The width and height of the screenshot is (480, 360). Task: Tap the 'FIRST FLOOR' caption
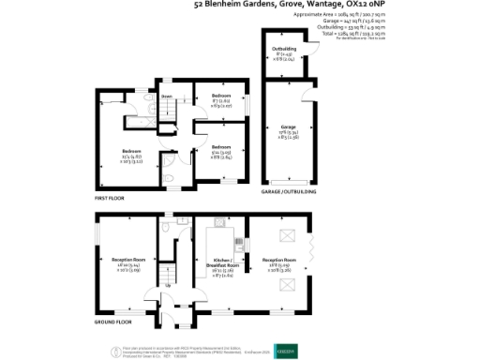[x=110, y=199]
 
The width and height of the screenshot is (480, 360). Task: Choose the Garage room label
[x=289, y=127]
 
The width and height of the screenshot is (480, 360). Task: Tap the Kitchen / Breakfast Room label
[x=225, y=262]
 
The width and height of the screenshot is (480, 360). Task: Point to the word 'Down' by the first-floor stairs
[x=166, y=96]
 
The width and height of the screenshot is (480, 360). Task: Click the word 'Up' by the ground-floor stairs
[x=168, y=286]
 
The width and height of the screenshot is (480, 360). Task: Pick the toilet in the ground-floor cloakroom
[x=165, y=227]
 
